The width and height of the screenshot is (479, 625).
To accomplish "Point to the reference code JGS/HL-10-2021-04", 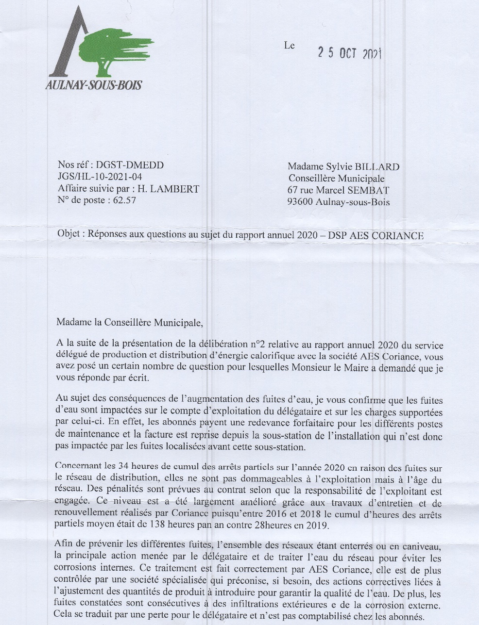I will [100, 177].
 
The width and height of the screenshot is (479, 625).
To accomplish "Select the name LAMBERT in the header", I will [175, 189].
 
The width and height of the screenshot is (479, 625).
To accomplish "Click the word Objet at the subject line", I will [70, 233].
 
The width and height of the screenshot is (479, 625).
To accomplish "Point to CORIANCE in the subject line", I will [398, 236].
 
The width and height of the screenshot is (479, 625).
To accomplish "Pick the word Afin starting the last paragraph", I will [64, 543].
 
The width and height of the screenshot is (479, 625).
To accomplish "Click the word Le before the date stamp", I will [290, 46].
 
